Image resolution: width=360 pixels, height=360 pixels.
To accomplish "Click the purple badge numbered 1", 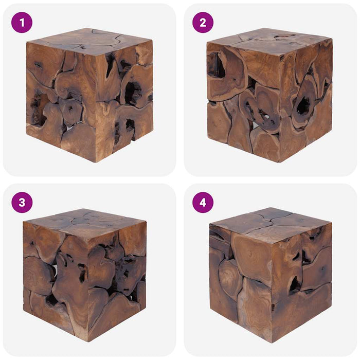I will (22, 23).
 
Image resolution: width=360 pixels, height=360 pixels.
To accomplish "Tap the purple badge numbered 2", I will (203, 23).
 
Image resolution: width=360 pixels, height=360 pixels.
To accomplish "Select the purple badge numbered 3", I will (22, 202).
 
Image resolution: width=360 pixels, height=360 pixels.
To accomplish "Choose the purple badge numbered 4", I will (203, 202).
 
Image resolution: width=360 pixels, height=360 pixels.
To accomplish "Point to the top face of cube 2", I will (267, 40).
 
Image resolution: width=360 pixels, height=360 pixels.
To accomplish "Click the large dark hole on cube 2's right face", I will (303, 105).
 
